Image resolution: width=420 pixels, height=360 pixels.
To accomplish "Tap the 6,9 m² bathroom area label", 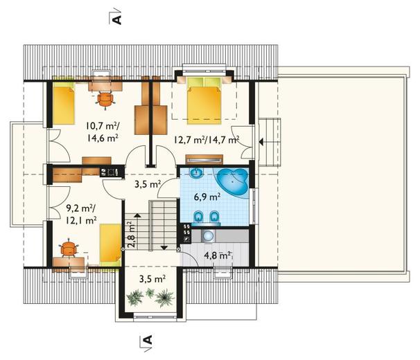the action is [x=207, y=197].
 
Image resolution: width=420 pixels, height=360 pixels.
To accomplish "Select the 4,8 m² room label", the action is [x=218, y=255].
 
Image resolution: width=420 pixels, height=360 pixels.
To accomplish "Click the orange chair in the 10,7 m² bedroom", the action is [x=105, y=100].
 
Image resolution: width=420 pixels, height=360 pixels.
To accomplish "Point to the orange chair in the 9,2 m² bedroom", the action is [x=69, y=249].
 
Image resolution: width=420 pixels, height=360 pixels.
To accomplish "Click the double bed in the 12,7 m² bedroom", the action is [x=204, y=100].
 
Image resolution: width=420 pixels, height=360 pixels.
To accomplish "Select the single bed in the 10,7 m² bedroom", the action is [x=64, y=103].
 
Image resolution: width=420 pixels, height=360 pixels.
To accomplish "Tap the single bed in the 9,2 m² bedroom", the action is [x=110, y=245].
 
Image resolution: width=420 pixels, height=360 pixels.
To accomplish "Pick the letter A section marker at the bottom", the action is [x=148, y=340].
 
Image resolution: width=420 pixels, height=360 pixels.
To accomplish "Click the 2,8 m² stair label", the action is [x=130, y=235].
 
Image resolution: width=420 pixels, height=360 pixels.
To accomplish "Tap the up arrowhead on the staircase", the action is [x=137, y=215].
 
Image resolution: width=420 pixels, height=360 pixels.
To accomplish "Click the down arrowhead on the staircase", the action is [x=164, y=248].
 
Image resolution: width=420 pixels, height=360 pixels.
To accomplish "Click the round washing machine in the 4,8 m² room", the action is [x=208, y=236].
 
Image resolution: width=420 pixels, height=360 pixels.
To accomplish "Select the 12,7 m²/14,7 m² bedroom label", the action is [x=207, y=140].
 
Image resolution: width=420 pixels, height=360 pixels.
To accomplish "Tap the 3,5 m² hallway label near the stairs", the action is [x=148, y=184].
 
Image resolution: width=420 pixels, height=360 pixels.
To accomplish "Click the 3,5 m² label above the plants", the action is [x=152, y=279].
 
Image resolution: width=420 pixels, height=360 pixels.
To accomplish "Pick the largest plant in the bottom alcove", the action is [x=164, y=298].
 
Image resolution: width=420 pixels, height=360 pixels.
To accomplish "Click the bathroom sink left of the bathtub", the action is [x=197, y=174].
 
